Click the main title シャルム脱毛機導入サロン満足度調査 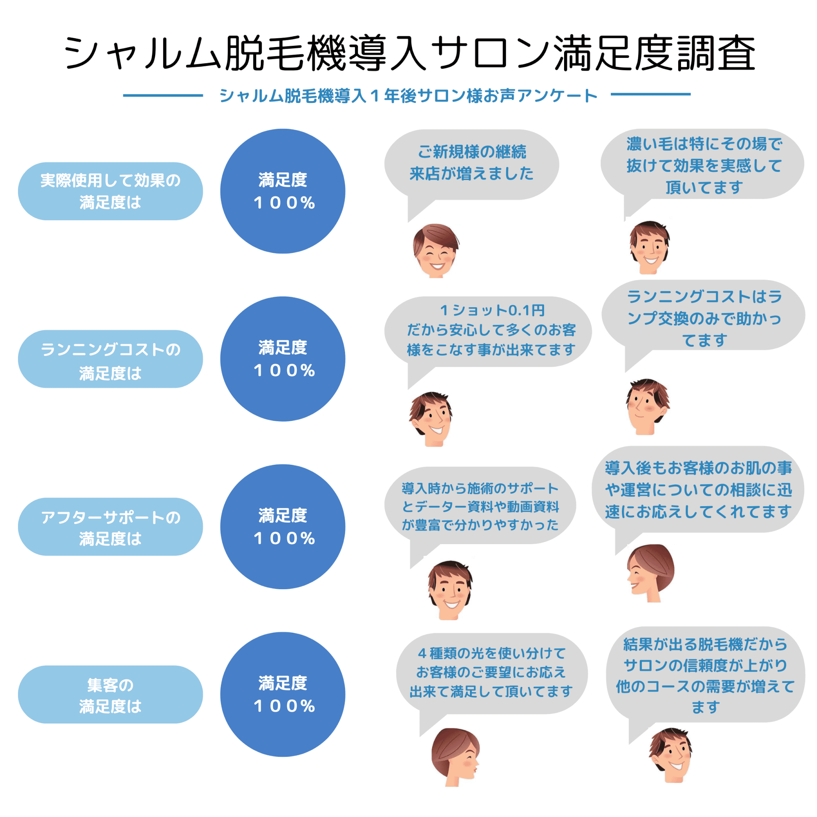pyautogui.click(x=408, y=54)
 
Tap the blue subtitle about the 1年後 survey pyautogui.click(x=408, y=96)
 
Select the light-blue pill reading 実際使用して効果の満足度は pyautogui.click(x=111, y=191)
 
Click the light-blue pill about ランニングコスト pyautogui.click(x=111, y=359)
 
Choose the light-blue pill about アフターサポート pyautogui.click(x=111, y=527)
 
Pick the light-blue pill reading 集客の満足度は pyautogui.click(x=111, y=695)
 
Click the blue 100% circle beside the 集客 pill pyautogui.click(x=282, y=695)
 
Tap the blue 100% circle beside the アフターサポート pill pyautogui.click(x=282, y=527)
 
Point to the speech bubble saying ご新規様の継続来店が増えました pyautogui.click(x=472, y=164)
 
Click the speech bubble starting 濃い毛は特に pyautogui.click(x=703, y=165)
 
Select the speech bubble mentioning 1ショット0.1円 pyautogui.click(x=488, y=331)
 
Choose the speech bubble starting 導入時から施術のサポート pyautogui.click(x=480, y=506)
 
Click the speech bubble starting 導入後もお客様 pyautogui.click(x=698, y=489)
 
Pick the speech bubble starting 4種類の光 pyautogui.click(x=491, y=674)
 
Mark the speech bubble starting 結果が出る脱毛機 pyautogui.click(x=705, y=675)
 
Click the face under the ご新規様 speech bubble pyautogui.click(x=436, y=251)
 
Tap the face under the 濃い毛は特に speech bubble pyautogui.click(x=649, y=247)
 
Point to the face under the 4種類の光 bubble pyautogui.click(x=455, y=757)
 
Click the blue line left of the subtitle pyautogui.click(x=163, y=95)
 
